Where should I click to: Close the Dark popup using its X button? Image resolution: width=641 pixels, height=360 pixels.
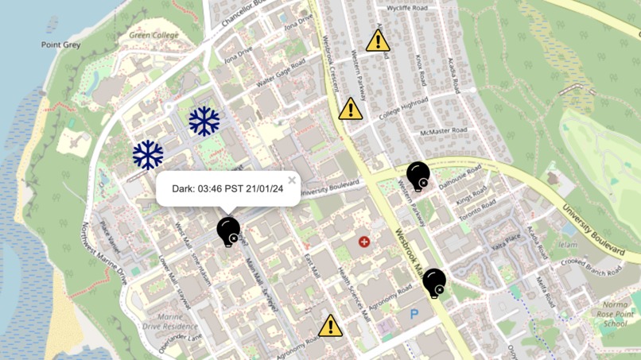tap(292, 180)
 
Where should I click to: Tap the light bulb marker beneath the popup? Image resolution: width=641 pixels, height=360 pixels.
tap(228, 230)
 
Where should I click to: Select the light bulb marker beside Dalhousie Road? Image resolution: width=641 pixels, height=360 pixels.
tap(418, 175)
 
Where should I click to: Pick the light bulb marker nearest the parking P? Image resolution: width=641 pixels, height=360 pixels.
tap(433, 282)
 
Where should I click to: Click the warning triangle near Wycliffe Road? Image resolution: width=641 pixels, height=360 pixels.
tap(378, 41)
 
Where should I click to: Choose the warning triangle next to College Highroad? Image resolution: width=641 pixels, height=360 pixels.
tap(351, 109)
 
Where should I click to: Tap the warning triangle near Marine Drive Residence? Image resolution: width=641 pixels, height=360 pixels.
tap(331, 326)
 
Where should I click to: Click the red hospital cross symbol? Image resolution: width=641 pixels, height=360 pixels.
tap(364, 241)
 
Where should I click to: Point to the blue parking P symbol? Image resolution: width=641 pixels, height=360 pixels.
tap(414, 315)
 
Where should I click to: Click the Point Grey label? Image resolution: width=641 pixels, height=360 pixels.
tap(60, 45)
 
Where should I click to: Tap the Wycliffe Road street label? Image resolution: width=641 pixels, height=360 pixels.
tap(406, 9)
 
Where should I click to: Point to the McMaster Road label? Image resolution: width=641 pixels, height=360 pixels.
tap(443, 130)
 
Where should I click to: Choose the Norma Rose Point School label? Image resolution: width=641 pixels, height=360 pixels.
tap(615, 314)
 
